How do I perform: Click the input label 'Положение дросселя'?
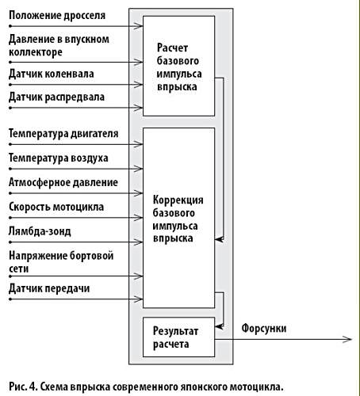click(57, 16)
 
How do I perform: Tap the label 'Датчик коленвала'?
click(52, 74)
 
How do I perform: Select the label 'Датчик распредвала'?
click(56, 97)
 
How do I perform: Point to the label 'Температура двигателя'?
click(63, 134)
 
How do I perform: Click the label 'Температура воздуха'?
click(59, 158)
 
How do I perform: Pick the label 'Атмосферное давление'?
click(63, 182)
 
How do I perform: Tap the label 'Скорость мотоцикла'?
click(56, 207)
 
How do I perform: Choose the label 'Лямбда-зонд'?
click(40, 231)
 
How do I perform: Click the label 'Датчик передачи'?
click(49, 288)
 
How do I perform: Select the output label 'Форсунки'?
click(264, 329)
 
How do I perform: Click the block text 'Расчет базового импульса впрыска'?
click(179, 67)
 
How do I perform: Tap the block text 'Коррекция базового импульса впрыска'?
click(178, 219)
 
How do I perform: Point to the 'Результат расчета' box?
click(179, 337)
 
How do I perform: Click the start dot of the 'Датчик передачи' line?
click(10, 299)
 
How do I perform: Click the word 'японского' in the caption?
click(205, 387)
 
